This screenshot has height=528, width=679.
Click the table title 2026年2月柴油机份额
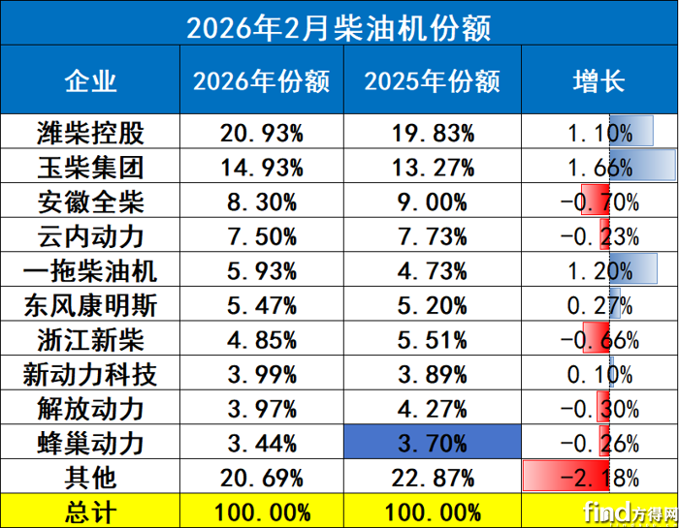[x=339, y=26]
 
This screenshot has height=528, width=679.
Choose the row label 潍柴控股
[x=90, y=132]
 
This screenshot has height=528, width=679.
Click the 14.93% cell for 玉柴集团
[x=261, y=167]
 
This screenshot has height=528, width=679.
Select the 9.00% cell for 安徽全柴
[x=432, y=202]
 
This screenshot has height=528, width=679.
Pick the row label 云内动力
[x=90, y=236]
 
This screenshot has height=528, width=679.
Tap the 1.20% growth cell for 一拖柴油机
[x=598, y=271]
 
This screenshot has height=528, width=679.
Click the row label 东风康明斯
[x=90, y=306]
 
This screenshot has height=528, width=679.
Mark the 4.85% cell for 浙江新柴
[x=261, y=341]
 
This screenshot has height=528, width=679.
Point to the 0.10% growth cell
[x=598, y=375]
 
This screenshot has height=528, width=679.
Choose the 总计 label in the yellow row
[x=90, y=511]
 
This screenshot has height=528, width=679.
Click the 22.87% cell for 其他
[x=432, y=477]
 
